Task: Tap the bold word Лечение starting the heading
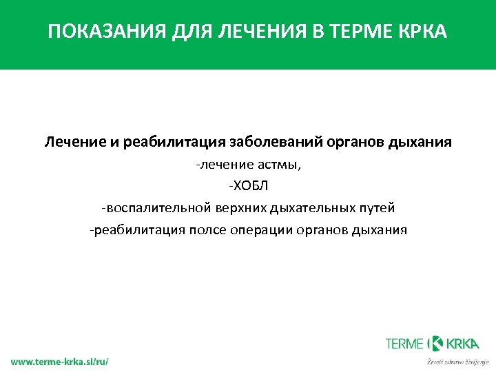click(74, 143)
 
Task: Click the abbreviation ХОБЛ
click(248, 186)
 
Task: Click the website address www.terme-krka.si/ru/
click(59, 361)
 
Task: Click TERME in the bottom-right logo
click(405, 343)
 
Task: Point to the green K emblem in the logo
click(435, 343)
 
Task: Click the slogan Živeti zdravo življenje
click(457, 361)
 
